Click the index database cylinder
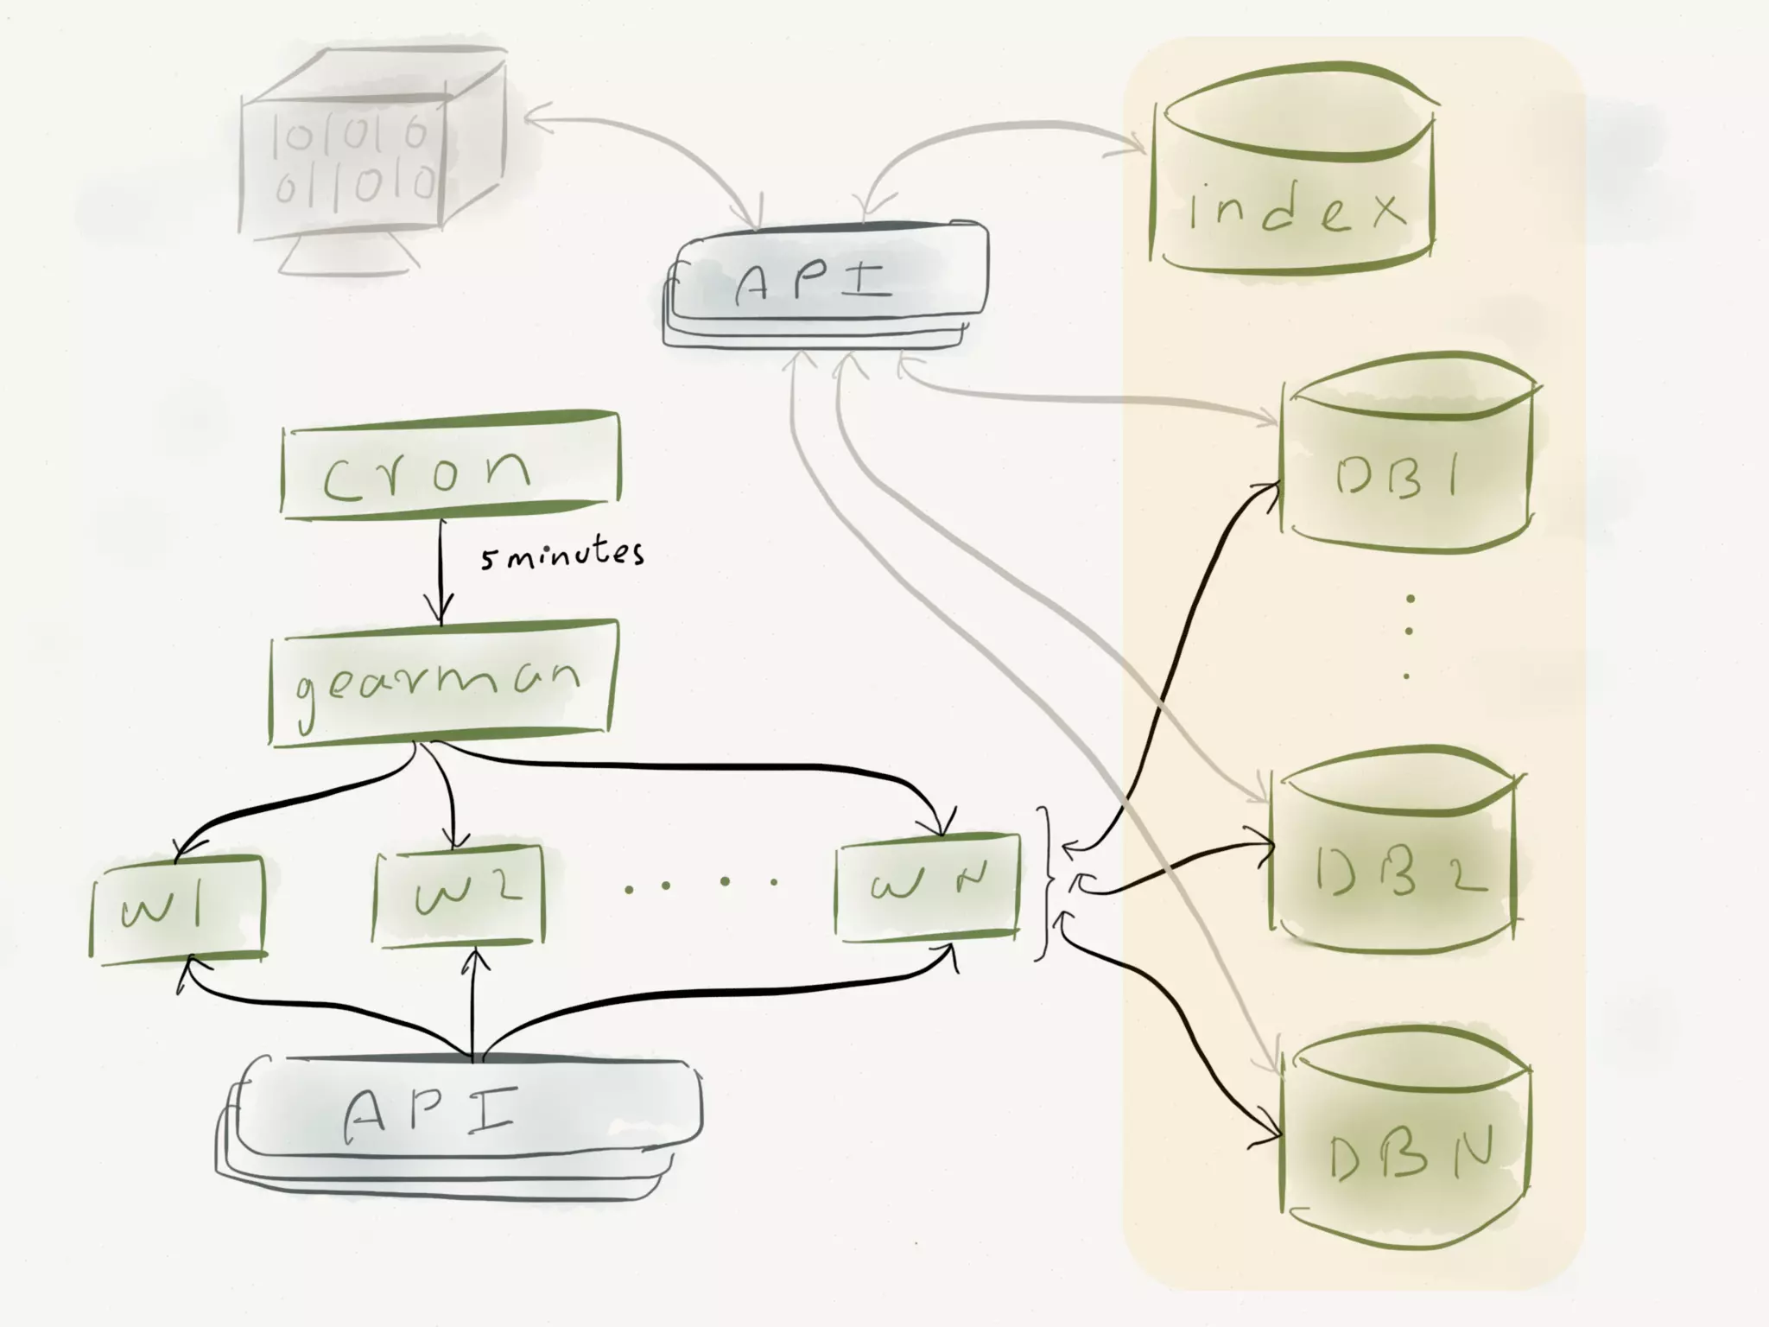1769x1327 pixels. [x=1293, y=173]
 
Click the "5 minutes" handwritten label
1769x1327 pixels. [x=562, y=555]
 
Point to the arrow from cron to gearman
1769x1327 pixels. [x=441, y=570]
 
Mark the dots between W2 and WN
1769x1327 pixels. [x=700, y=883]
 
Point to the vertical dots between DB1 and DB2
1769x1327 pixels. [x=1409, y=635]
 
